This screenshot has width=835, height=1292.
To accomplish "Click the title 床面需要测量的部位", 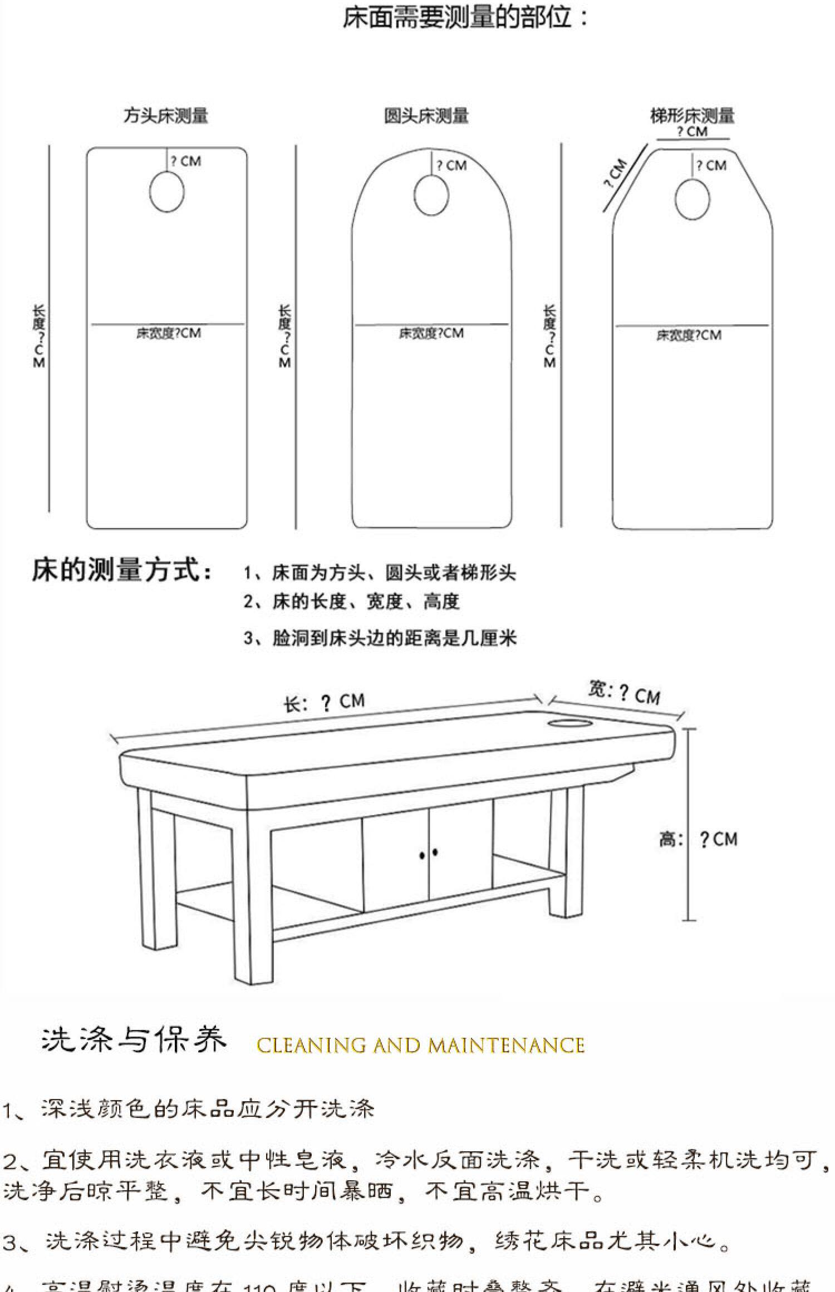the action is tap(465, 18).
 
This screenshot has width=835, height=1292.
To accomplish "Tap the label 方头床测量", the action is tap(165, 116).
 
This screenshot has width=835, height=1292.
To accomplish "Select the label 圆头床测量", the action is tap(426, 116).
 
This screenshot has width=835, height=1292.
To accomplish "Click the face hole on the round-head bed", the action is tap(431, 195).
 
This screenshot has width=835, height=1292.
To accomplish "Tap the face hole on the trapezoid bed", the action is tap(692, 200).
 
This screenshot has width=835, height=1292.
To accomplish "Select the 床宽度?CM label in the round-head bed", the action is tap(431, 333).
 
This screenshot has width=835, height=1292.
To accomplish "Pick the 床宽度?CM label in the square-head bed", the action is tap(168, 333).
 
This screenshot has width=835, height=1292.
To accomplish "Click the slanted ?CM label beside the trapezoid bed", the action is tap(616, 174).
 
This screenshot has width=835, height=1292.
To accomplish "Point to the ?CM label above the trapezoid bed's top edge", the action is tap(692, 132).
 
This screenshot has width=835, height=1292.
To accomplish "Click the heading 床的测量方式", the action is tap(122, 570).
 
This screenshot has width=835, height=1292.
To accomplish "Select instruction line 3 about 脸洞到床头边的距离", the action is tap(380, 638).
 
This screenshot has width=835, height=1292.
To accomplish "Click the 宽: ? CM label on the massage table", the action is tap(624, 693).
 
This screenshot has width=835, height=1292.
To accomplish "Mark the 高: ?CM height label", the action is tap(699, 839).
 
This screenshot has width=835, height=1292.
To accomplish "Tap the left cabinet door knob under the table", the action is tap(423, 854).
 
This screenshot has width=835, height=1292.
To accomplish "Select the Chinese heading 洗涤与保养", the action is tap(134, 1040).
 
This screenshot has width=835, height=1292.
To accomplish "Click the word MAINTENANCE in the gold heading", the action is tap(506, 1046).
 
